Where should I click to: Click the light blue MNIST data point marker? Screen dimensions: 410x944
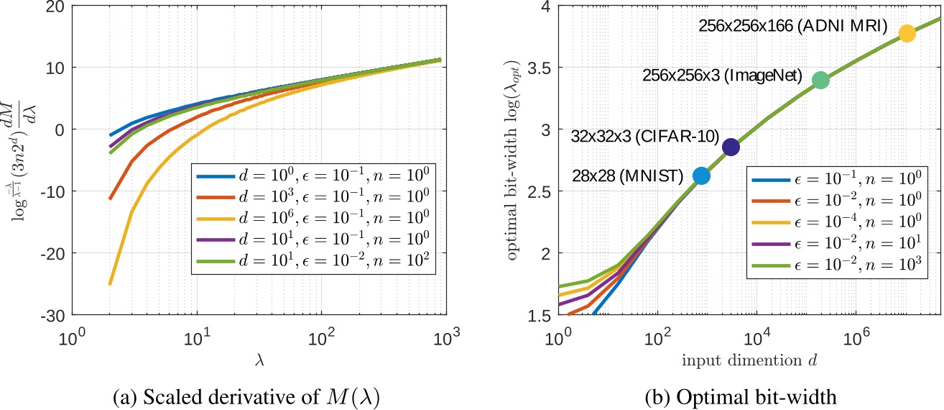click(x=701, y=176)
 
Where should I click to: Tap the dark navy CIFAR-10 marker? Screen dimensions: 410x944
click(x=731, y=147)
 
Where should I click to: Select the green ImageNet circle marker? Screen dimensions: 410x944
click(x=820, y=80)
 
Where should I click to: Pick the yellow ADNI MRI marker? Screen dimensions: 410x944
click(x=907, y=33)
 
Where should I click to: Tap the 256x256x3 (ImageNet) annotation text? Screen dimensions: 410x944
click(x=722, y=75)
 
